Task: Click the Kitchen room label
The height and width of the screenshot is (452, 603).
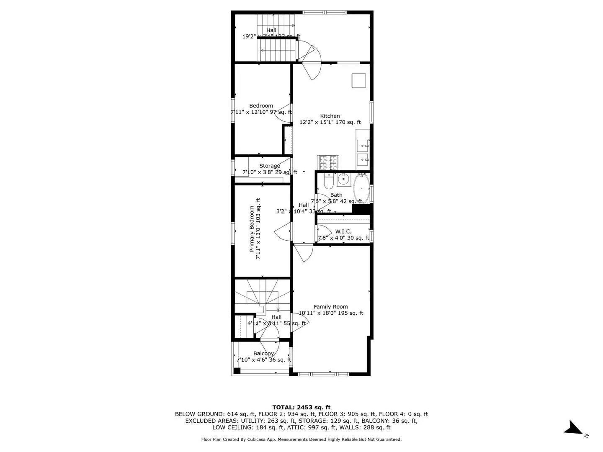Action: (x=330, y=116)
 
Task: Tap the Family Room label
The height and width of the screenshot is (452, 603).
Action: (x=331, y=307)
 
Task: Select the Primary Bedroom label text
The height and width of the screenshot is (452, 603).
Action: (x=252, y=229)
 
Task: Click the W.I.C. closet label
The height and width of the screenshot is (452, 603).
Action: (x=343, y=231)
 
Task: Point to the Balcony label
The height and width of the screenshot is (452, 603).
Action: (x=263, y=354)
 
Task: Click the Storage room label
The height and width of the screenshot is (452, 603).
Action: (x=270, y=166)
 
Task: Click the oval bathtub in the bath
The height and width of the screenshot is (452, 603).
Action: (x=361, y=188)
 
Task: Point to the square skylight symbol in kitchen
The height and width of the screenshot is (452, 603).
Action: (x=358, y=80)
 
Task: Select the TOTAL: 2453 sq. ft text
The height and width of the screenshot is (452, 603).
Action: (x=301, y=407)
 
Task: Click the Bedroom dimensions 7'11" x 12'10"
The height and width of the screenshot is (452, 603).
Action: (x=261, y=112)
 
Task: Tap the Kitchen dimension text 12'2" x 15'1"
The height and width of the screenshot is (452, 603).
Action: (x=330, y=122)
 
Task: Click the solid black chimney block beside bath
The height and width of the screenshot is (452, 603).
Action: (x=362, y=209)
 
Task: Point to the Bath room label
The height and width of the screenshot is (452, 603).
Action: (x=336, y=195)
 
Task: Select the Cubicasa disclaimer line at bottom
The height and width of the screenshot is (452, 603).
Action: (x=301, y=439)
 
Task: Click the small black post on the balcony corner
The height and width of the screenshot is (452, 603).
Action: (x=237, y=370)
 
